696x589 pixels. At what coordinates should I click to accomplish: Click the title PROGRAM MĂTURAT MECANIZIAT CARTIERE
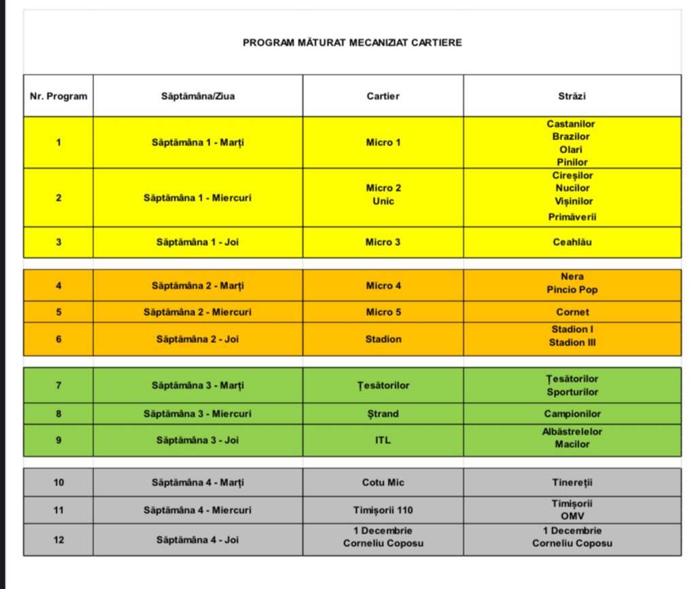[352, 42]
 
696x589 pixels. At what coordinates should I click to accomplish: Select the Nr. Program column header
[58, 96]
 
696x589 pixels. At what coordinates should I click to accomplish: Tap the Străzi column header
[572, 96]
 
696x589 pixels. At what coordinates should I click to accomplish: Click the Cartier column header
[383, 96]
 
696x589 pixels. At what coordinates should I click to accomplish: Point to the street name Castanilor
[571, 124]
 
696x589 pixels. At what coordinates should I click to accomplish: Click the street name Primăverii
[572, 217]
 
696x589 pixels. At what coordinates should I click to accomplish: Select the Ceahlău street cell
[572, 242]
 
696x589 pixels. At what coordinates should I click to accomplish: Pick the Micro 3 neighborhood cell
[383, 242]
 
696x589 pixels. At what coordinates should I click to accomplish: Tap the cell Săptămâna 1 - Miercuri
[197, 198]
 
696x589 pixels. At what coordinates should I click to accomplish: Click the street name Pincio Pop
[572, 289]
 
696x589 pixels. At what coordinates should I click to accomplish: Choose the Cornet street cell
[572, 312]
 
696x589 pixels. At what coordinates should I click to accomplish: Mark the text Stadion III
[572, 342]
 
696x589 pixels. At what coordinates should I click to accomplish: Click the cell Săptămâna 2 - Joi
[197, 339]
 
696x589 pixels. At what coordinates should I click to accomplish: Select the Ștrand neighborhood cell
[383, 414]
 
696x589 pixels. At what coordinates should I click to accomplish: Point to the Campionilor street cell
[572, 414]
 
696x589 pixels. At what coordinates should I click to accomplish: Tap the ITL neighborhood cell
[383, 440]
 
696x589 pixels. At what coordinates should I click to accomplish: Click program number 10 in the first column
[58, 482]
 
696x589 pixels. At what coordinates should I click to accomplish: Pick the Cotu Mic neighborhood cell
[383, 482]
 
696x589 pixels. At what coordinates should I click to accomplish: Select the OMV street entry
[572, 516]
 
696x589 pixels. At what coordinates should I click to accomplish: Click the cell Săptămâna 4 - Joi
[197, 540]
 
